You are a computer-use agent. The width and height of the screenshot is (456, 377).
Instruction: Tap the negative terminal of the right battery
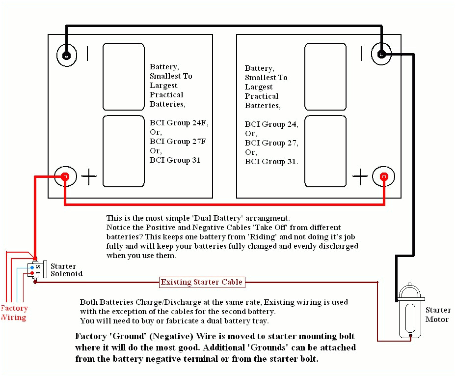click(381, 54)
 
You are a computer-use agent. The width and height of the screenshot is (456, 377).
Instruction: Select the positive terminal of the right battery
click(384, 176)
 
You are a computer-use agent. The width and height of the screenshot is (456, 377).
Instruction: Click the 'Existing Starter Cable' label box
click(202, 282)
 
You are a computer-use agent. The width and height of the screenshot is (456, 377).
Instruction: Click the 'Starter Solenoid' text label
click(66, 270)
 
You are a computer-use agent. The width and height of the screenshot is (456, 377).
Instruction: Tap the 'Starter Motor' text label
click(437, 315)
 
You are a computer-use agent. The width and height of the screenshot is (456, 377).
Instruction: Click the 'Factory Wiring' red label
click(14, 313)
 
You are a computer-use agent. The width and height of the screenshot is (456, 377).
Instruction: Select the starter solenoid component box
click(35, 269)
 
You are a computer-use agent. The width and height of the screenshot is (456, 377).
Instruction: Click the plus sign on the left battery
click(89, 176)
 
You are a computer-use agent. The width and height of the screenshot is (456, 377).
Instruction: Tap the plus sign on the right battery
click(360, 176)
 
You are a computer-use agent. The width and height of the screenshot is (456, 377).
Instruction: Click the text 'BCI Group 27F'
click(178, 142)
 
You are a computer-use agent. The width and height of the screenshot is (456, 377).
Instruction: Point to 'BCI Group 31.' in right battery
click(271, 162)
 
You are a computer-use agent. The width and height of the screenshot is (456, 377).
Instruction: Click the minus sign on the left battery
click(87, 54)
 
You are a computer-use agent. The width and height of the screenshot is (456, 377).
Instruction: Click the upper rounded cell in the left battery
click(124, 77)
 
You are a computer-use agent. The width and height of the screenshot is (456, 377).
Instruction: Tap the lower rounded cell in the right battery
click(325, 151)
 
